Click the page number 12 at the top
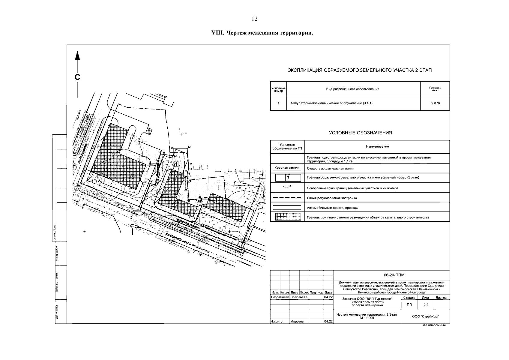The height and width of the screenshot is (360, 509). [254, 19]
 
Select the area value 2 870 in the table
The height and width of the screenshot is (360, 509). [435, 103]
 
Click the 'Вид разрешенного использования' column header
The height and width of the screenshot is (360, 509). [352, 89]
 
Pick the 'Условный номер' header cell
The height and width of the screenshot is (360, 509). [278, 89]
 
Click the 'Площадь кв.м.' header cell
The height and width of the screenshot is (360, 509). [435, 89]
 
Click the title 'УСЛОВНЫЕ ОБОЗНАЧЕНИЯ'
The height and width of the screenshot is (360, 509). [360, 133]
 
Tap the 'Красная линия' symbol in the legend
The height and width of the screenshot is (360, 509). [287, 168]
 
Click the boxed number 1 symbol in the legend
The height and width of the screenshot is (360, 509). [288, 178]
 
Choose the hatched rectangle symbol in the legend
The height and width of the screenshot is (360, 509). [287, 217]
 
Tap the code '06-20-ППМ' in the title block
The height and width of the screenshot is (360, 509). [391, 275]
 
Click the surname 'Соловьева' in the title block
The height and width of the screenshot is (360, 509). [299, 297]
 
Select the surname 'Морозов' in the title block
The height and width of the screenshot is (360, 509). [297, 322]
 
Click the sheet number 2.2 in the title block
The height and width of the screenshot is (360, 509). [426, 305]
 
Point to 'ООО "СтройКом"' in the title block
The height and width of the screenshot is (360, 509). [426, 316]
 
